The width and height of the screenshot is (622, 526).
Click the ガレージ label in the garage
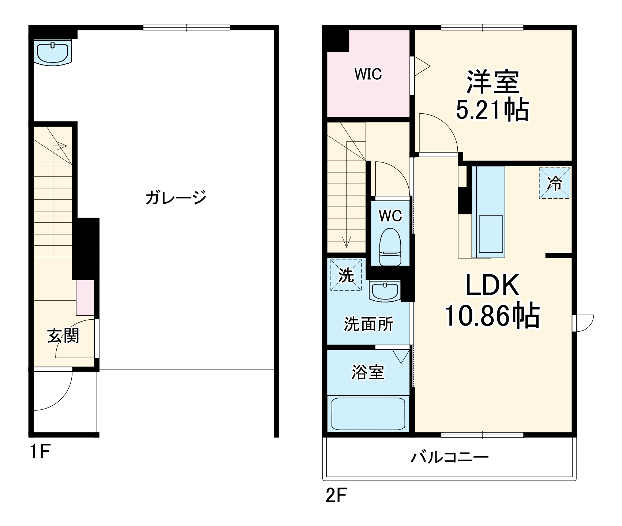coord(176,198)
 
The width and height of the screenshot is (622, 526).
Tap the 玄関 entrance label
coord(63,336)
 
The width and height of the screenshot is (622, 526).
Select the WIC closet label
coord(368,75)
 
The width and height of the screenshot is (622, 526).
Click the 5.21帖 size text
coord(492,110)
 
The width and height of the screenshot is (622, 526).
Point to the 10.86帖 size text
coord(492,316)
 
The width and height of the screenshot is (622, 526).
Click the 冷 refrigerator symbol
coord(554,183)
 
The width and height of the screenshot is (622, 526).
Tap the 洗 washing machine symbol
coord(346,275)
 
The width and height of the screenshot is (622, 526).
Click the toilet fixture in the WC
coord(390,247)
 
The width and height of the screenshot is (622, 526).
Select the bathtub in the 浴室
coord(368,414)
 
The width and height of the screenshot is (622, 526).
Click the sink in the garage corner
coord(53,53)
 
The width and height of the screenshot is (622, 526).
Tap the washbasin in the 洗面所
coord(385,291)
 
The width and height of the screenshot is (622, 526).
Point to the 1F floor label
coord(39,452)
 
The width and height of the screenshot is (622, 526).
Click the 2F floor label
coord(336,496)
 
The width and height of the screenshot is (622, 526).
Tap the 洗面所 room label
coord(368,324)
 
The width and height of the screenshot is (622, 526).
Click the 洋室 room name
coord(492,82)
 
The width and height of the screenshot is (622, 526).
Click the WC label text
coord(390,216)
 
